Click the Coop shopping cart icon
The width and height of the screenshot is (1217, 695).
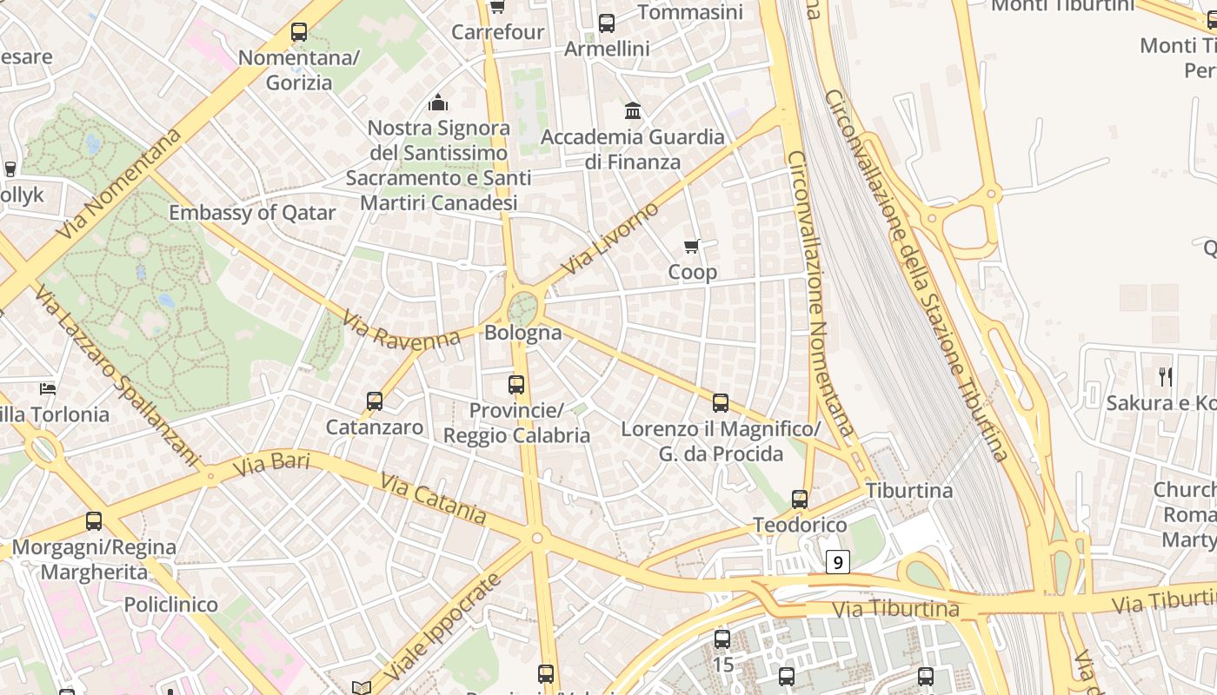pos(692,246)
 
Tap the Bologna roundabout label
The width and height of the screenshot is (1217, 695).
pos(523,333)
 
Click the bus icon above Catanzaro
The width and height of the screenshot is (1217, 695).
pos(375,401)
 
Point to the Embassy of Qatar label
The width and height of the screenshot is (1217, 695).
pos(252,213)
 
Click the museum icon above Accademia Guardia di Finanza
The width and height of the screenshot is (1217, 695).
pos(633,111)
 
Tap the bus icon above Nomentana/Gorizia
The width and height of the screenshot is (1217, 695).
pos(299,33)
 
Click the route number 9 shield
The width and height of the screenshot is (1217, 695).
pos(837,562)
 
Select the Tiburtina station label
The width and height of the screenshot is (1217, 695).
pos(909,491)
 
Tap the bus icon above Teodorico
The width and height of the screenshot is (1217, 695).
pos(800,500)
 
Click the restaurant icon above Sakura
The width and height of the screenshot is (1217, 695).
pos(1166,377)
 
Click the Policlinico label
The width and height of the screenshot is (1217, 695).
pos(171,604)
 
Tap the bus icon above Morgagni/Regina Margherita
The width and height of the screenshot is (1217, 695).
pos(94,521)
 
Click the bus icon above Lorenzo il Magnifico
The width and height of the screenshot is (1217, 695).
pos(721,402)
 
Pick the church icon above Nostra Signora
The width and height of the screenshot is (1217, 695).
pos(438,103)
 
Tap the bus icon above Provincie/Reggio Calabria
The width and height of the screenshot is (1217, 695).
pos(516,384)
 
